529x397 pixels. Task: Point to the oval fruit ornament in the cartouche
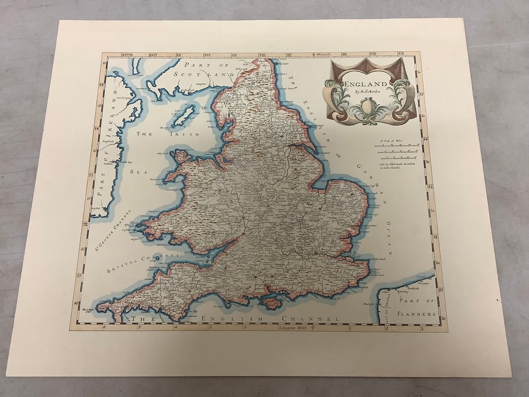point(368,105)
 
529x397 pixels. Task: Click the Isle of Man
point(184,116)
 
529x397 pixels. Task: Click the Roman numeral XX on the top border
point(179,56)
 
